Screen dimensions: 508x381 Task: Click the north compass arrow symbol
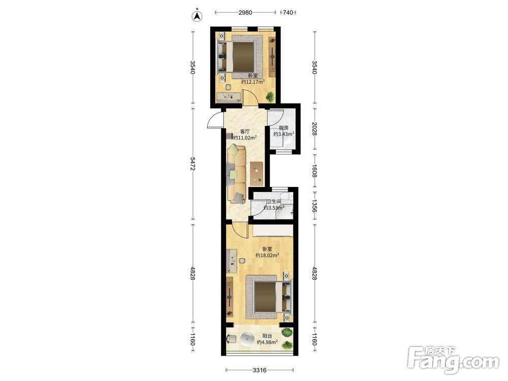point(197,16)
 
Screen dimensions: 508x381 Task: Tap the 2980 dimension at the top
point(245,13)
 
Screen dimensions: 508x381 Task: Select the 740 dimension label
point(288,13)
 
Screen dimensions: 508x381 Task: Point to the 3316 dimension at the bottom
point(260,370)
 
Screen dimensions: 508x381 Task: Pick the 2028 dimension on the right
point(314,129)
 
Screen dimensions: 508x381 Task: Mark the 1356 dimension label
point(314,205)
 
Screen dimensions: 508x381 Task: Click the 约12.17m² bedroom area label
point(252,82)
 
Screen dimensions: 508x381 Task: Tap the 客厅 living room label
point(245,132)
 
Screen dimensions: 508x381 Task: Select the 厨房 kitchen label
point(283,128)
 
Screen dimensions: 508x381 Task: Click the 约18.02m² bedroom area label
point(267,256)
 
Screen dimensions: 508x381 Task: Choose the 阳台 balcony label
point(267,336)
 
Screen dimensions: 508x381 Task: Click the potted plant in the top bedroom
point(270,97)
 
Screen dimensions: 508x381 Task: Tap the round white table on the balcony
point(248,339)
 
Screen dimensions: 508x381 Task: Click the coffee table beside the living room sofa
point(257,174)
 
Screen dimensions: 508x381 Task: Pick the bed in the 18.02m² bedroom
point(269,296)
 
